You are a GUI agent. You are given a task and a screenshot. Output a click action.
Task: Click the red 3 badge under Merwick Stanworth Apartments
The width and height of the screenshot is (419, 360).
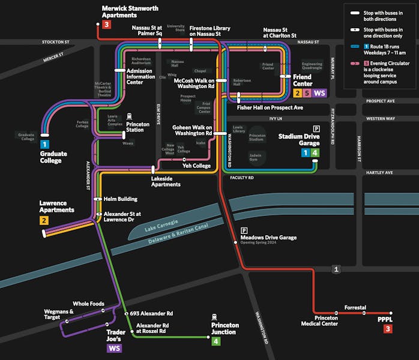106,25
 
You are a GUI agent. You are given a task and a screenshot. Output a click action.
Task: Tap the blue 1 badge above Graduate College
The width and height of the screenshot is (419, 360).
44,144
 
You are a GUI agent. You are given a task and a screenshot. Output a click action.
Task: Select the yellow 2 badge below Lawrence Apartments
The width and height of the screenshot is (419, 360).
44,221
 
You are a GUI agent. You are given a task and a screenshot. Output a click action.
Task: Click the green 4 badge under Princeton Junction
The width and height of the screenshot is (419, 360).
216,341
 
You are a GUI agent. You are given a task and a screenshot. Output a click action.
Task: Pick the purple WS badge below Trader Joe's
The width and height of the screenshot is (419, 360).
114,348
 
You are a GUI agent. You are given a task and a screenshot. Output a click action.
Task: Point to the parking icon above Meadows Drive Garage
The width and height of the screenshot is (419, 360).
244,230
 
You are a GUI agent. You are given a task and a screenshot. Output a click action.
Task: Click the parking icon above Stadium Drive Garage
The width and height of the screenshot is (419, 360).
316,128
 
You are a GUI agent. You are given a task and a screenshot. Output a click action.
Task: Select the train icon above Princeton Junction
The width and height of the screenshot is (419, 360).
215,316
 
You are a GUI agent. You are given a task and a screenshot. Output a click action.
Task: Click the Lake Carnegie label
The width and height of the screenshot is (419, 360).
161,226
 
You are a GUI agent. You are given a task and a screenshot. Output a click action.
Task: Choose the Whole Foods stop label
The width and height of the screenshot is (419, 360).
89,304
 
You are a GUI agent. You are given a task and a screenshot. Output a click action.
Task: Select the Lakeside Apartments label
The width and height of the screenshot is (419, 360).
166,181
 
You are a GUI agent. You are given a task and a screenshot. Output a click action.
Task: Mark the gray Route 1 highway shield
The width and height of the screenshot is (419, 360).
336,269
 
